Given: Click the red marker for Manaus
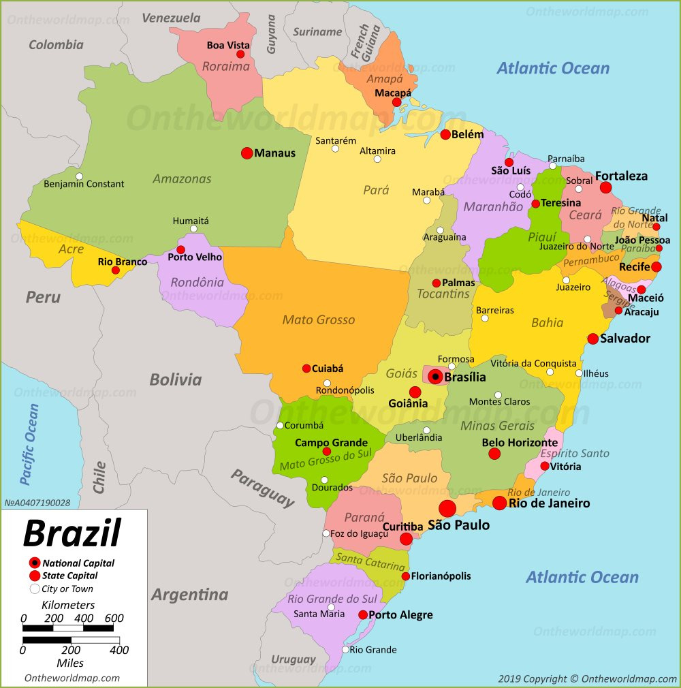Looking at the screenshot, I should pyautogui.click(x=247, y=153).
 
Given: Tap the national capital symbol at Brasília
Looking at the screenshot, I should pyautogui.click(x=434, y=376).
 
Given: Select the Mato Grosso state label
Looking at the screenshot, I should pyautogui.click(x=319, y=319).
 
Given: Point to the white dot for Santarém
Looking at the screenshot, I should pyautogui.click(x=335, y=148).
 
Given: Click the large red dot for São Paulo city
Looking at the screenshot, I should pyautogui.click(x=447, y=508).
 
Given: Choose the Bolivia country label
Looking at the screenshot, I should pyautogui.click(x=176, y=379).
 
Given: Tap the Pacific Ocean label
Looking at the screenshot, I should pyautogui.click(x=30, y=444).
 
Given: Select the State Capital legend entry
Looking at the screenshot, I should pyautogui.click(x=69, y=576).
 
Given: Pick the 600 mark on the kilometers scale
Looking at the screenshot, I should pyautogui.click(x=113, y=618).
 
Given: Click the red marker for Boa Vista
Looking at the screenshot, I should pyautogui.click(x=240, y=54).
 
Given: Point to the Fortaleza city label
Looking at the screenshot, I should pyautogui.click(x=621, y=176).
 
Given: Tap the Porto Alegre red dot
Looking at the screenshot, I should pyautogui.click(x=363, y=614).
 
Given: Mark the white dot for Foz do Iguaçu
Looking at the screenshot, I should pyautogui.click(x=326, y=533).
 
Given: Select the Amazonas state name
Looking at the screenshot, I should pyautogui.click(x=182, y=179).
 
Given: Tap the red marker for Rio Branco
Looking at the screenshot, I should pyautogui.click(x=115, y=270).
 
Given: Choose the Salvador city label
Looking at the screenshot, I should pyautogui.click(x=624, y=339).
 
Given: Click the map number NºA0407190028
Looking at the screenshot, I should pyautogui.click(x=37, y=503).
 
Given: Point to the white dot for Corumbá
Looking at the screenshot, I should pyautogui.click(x=280, y=426).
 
